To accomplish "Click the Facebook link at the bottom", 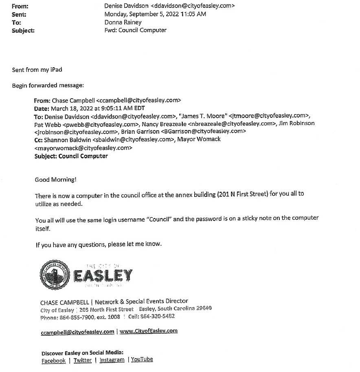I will pyautogui.click(x=53, y=361).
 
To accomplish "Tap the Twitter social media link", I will pyautogui.click(x=83, y=360).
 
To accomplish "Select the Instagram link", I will pyautogui.click(x=112, y=360).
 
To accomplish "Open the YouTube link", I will pyautogui.click(x=142, y=359).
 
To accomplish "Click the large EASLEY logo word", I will pyautogui.click(x=103, y=275).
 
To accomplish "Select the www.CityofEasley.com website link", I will pyautogui.click(x=149, y=331).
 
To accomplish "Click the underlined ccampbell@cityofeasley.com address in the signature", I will pyautogui.click(x=77, y=332).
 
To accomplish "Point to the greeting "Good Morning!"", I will pyautogui.click(x=55, y=180).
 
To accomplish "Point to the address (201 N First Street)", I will pyautogui.click(x=242, y=194).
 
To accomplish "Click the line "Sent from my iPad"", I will pyautogui.click(x=37, y=70).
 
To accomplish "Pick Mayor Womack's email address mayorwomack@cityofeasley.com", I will pyautogui.click(x=83, y=148).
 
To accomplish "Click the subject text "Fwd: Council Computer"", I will pyautogui.click(x=135, y=30).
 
